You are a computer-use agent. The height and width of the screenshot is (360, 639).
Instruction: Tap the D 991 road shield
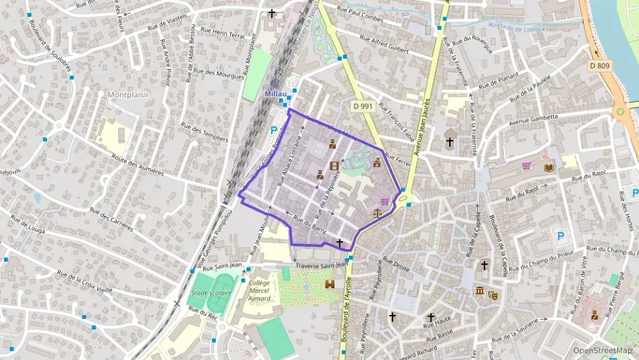coord(363,106)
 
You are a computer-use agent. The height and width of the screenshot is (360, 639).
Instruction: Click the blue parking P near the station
coord(274,130)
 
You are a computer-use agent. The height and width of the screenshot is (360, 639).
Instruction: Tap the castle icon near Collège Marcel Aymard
coord(330,283)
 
